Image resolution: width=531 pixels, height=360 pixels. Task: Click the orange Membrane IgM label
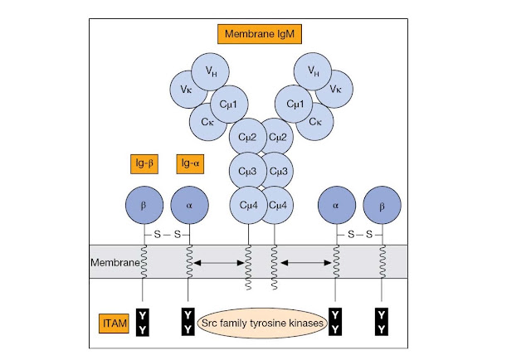(x=260, y=34)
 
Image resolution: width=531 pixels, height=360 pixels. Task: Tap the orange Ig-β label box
(x=144, y=164)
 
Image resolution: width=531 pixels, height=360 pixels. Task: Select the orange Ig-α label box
(x=190, y=164)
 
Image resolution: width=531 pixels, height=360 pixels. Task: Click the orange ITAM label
(x=114, y=324)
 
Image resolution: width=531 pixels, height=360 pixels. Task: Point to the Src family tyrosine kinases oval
(x=262, y=323)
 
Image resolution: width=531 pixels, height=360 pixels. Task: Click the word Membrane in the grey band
(x=114, y=262)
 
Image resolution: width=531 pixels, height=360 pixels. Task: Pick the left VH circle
(x=210, y=72)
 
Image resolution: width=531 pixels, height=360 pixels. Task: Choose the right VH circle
(x=313, y=71)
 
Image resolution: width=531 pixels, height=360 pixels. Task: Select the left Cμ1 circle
(x=229, y=105)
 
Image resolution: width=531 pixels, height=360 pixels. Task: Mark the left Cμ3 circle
(x=248, y=171)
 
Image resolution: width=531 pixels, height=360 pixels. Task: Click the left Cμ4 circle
(x=249, y=205)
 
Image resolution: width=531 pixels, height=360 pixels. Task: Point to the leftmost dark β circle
(x=144, y=205)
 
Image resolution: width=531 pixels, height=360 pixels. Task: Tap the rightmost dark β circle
(x=382, y=205)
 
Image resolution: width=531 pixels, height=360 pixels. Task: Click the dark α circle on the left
(x=190, y=205)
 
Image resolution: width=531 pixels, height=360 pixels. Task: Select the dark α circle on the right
(x=337, y=205)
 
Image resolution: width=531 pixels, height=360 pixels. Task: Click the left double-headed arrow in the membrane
(x=219, y=262)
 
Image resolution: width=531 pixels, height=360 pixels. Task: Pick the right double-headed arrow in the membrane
(x=306, y=262)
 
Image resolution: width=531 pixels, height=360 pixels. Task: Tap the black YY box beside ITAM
(x=143, y=322)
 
